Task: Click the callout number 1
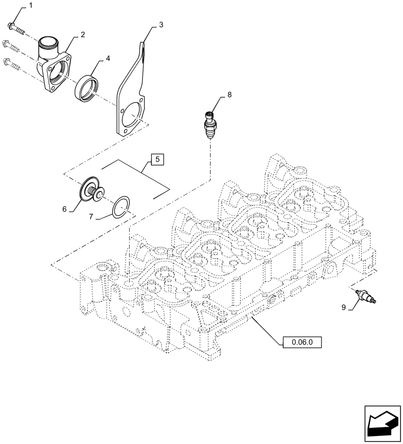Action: click(x=31, y=5)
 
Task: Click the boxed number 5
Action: click(x=158, y=159)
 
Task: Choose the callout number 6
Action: click(x=65, y=209)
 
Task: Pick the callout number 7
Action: click(x=91, y=217)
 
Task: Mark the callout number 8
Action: click(x=229, y=94)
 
